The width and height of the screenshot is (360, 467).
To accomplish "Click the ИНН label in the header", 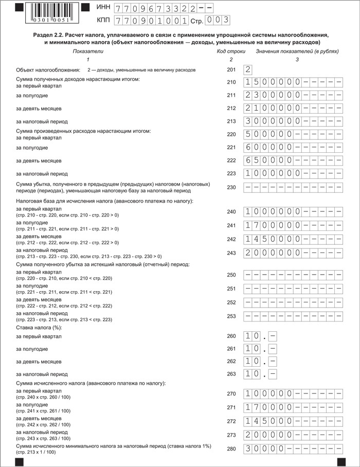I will (x=103, y=9).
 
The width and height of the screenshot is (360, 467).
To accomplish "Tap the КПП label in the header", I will (x=103, y=21).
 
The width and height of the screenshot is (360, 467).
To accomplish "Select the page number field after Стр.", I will (x=217, y=21).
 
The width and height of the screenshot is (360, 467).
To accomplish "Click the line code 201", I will (x=231, y=69).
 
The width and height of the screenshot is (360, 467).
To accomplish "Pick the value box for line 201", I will (x=248, y=69).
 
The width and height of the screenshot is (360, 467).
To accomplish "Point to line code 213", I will (x=231, y=121).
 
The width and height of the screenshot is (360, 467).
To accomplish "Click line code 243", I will (x=231, y=253).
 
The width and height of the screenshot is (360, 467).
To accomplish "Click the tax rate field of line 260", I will (x=260, y=336).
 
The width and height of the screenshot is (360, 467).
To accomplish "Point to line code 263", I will (x=231, y=374).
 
